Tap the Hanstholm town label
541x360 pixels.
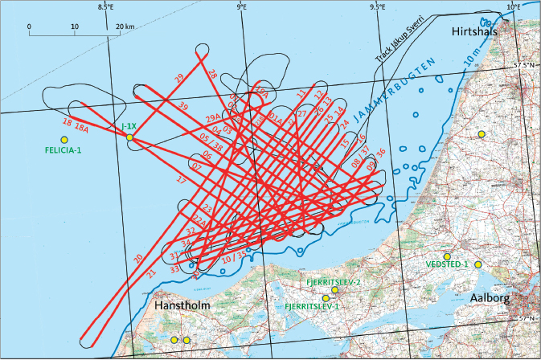click(178, 307)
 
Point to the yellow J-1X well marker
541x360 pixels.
click(129, 138)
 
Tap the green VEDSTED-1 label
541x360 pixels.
click(448, 264)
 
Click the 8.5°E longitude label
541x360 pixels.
click(105, 7)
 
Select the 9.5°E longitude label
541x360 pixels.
click(377, 7)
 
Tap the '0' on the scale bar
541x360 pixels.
click(29, 27)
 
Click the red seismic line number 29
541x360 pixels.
click(178, 77)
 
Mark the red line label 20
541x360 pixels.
click(138, 258)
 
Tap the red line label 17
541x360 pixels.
click(181, 182)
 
